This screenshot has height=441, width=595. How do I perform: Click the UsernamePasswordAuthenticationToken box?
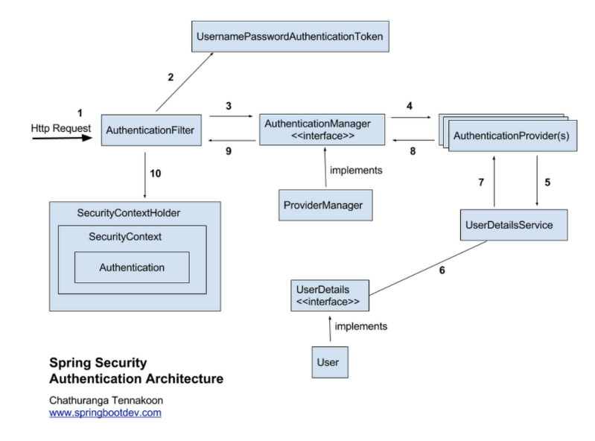291,37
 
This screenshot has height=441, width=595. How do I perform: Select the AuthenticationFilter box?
150,130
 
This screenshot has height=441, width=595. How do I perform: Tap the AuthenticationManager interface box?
322,129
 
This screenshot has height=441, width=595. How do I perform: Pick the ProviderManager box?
325,205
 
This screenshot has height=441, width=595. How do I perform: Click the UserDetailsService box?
514,225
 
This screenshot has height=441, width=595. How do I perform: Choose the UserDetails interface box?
330,295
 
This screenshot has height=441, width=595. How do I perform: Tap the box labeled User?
328,362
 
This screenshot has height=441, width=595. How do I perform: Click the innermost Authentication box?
132,267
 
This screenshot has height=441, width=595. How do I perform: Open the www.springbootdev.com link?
105,413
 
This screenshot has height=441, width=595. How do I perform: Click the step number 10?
156,174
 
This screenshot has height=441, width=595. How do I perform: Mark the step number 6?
442,270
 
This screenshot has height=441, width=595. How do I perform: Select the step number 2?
171,77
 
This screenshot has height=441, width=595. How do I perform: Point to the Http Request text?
61,128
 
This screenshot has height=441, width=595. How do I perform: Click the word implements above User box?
360,326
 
